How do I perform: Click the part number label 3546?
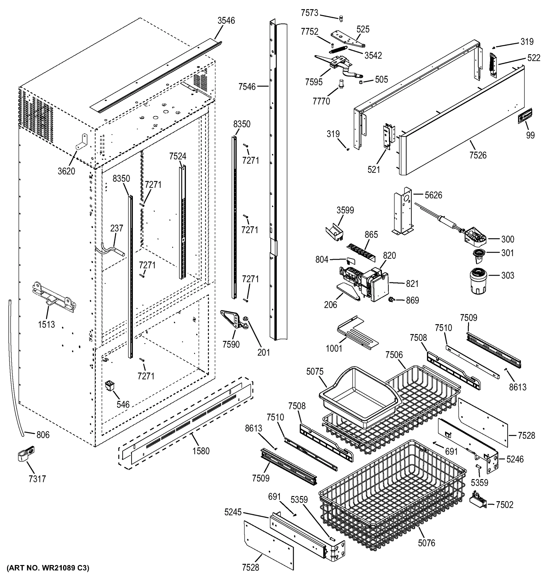click(x=226, y=21)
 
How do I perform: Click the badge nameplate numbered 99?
click(x=525, y=116)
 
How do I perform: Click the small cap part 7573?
click(x=340, y=19)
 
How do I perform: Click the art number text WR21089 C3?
click(x=48, y=568)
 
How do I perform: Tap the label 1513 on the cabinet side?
click(x=46, y=324)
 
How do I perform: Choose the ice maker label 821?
click(x=412, y=283)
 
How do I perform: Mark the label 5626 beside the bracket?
click(x=433, y=195)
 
